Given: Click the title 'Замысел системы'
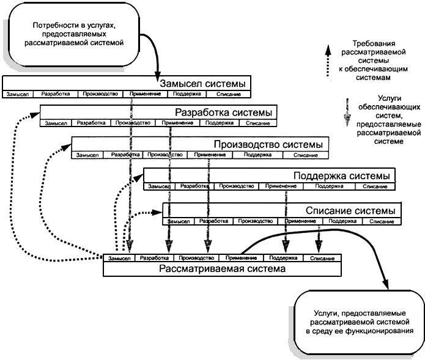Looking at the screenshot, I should pyautogui.click(x=202, y=83).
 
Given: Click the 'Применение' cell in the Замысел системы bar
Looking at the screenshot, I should pyautogui.click(x=144, y=95).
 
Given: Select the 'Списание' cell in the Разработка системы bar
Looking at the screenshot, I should pyautogui.click(x=257, y=123).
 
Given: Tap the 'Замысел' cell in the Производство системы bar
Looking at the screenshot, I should pyautogui.click(x=88, y=155).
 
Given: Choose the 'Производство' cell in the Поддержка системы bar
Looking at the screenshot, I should pyautogui.click(x=236, y=186).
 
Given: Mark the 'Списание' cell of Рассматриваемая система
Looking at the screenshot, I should pyautogui.click(x=322, y=259).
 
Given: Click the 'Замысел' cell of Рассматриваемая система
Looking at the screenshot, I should pyautogui.click(x=119, y=259).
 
